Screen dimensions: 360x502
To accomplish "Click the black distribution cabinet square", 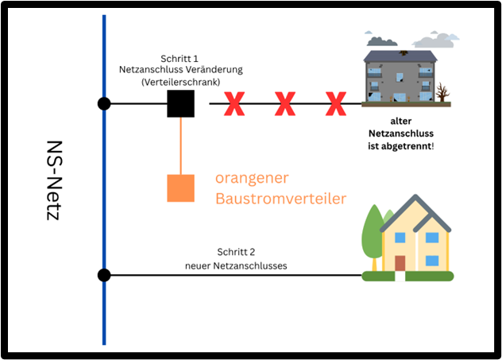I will coord(181,103).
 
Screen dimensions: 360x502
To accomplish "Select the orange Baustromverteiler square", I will coord(181,188).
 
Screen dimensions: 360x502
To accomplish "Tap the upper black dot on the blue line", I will coord(104,103).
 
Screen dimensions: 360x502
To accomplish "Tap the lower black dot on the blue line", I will coord(104,275).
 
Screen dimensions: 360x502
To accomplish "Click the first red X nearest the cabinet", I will coord(234,103).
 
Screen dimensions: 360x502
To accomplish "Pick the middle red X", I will coord(285,103).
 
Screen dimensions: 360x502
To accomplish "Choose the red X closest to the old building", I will coord(337,103).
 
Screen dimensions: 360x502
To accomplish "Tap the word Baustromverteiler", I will coord(280,198).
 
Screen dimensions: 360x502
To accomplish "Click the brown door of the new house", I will coord(400,263).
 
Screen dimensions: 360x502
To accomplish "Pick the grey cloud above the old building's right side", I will coord(436,39).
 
